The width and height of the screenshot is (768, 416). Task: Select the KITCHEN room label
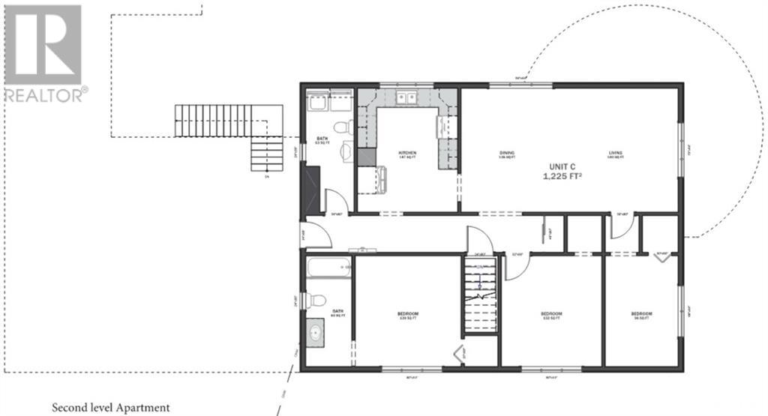click(407, 153)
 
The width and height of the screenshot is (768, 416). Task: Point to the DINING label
click(507, 154)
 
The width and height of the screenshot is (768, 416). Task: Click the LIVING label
click(615, 154)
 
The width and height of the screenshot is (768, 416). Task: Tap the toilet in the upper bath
click(341, 127)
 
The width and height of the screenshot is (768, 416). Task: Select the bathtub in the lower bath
click(328, 267)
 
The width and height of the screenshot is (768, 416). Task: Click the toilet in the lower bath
click(317, 300)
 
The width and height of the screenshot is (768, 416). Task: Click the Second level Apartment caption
click(110, 408)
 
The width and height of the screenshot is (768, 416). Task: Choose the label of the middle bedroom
click(551, 313)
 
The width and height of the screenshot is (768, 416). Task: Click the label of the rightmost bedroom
click(641, 313)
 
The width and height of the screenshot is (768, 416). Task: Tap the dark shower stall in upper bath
click(310, 188)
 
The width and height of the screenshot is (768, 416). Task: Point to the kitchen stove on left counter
click(366, 157)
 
